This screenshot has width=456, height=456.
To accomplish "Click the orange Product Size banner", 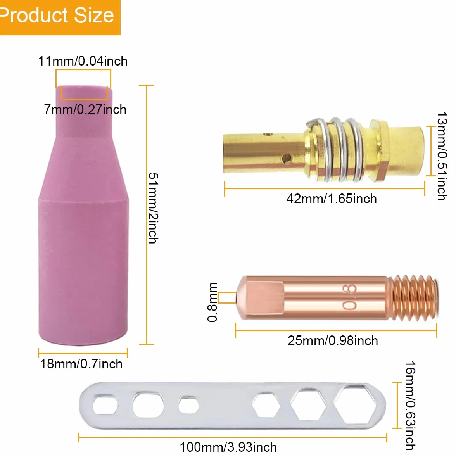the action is (x=60, y=17).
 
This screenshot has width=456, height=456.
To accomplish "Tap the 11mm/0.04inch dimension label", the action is (x=83, y=61).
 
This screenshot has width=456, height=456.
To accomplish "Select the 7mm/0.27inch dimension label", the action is (x=85, y=110).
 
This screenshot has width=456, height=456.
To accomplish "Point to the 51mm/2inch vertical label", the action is (x=153, y=208).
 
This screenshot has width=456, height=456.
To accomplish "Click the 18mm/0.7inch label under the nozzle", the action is (x=81, y=364).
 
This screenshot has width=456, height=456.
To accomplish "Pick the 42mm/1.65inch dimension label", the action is (x=332, y=199).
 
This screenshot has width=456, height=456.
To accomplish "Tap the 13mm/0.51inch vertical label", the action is (x=442, y=156).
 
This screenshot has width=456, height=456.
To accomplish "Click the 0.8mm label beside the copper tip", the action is (x=212, y=302).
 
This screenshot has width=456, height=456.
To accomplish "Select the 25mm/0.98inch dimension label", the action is (x=333, y=340).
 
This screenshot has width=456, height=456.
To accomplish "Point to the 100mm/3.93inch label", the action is (x=228, y=447).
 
